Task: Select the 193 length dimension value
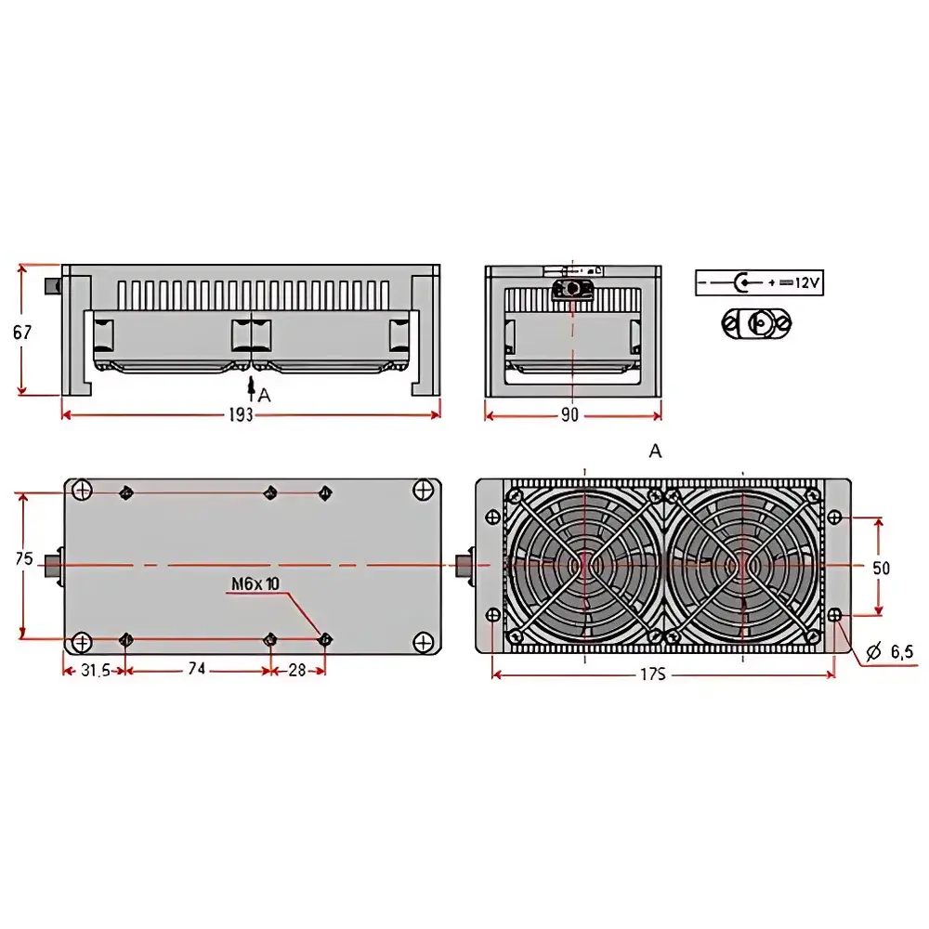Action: (x=240, y=415)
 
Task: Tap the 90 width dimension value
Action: (x=569, y=415)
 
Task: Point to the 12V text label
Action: (x=807, y=282)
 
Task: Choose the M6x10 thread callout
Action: (x=255, y=583)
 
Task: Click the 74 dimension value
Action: (x=196, y=670)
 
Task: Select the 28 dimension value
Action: (x=296, y=670)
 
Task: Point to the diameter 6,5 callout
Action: (x=889, y=653)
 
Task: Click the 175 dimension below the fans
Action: (x=653, y=674)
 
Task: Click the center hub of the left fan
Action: (x=584, y=565)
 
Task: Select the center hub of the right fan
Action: (x=742, y=565)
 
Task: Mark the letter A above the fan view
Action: (x=656, y=451)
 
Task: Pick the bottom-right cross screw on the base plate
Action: (x=424, y=641)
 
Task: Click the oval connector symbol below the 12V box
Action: (x=757, y=322)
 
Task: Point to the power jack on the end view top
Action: (x=572, y=289)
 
